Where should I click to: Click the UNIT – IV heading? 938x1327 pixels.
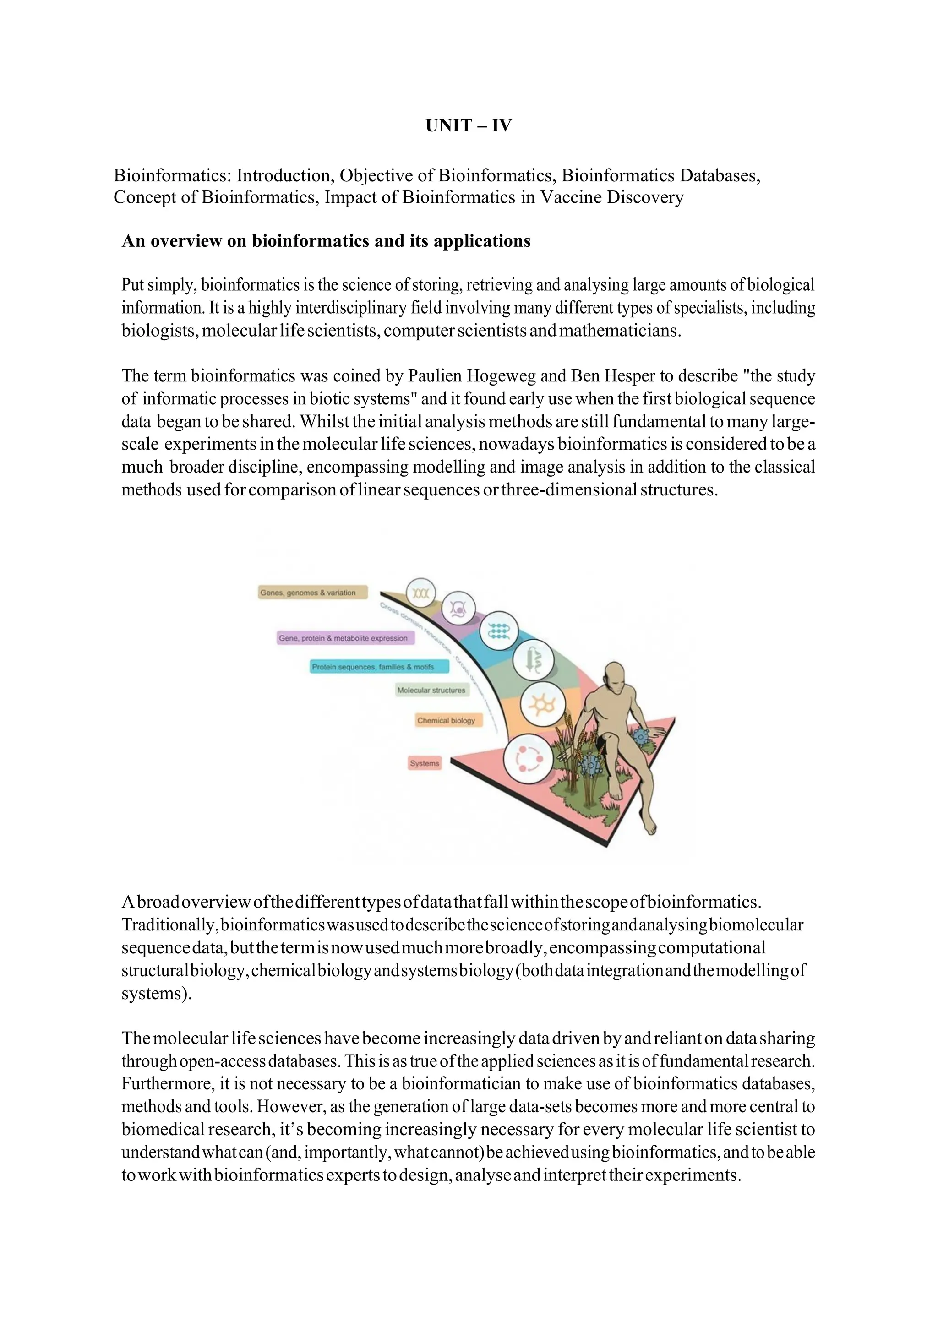pos(468,125)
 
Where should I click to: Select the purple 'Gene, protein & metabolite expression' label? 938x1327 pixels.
pos(343,638)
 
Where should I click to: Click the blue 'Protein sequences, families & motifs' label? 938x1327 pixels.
pos(379,666)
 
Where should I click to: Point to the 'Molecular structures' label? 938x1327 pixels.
pos(431,690)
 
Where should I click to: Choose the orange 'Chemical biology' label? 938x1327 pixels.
pos(446,720)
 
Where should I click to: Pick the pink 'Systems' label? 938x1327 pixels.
pos(425,763)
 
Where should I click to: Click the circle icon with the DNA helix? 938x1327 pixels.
pos(421,593)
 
